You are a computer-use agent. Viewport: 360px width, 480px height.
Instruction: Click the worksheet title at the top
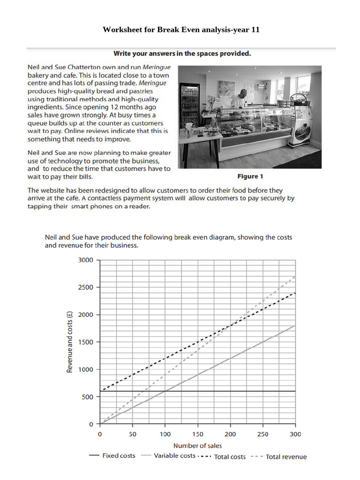pos(181,30)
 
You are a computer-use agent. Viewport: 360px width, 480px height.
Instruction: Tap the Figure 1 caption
pos(251,176)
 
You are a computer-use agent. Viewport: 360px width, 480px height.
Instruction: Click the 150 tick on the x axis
pos(198,434)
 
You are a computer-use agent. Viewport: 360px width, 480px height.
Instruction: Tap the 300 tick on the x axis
pos(295,434)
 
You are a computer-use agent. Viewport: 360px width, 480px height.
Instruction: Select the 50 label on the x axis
pos(133,434)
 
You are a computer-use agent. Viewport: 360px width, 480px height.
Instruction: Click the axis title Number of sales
pos(197,445)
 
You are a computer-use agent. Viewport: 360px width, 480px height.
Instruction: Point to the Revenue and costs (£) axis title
pos(70,342)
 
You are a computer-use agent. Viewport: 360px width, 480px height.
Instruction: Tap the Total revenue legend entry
pos(279,457)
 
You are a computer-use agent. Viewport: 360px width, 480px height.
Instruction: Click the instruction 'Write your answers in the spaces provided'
pos(182,53)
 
